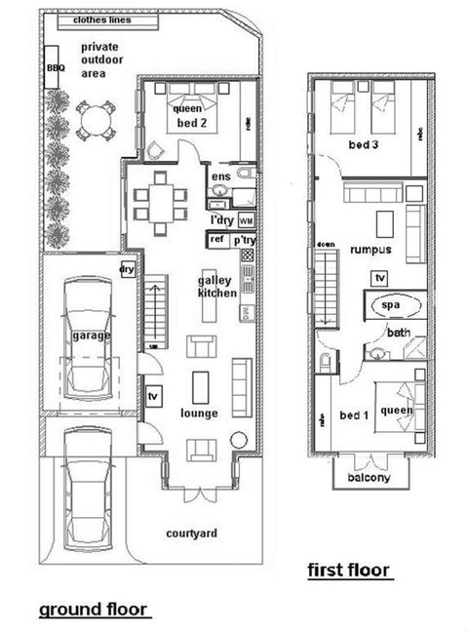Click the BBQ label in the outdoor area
point(54,69)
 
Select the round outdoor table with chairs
point(95,123)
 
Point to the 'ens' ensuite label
point(221,177)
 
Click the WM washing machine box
point(246,220)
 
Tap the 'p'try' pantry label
point(245,240)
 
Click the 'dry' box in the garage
point(126,269)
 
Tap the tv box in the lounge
point(152,397)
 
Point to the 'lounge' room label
point(199,413)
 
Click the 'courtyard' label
point(192,533)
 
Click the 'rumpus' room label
point(371,250)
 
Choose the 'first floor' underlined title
point(348,570)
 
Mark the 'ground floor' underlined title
point(93,610)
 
